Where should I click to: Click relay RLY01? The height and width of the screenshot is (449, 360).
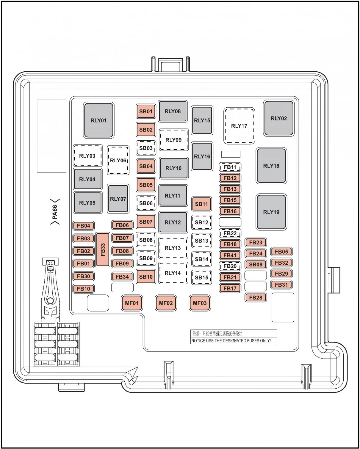98,120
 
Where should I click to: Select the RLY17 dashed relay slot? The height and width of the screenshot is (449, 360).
239,126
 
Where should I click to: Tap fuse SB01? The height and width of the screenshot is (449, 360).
146,111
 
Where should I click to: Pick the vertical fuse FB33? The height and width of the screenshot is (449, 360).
103,249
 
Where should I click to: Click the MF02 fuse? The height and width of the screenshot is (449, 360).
166,303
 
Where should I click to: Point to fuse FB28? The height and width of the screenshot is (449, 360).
256,298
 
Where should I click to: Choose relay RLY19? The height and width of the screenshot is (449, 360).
271,212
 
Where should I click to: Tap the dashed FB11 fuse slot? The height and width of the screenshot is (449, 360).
230,167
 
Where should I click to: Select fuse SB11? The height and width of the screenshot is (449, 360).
201,204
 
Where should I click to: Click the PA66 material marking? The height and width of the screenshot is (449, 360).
55,212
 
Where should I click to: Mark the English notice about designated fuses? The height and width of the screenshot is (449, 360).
231,341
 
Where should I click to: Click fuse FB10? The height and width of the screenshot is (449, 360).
83,289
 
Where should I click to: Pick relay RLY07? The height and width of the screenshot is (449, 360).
118,199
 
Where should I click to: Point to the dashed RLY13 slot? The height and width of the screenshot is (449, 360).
173,248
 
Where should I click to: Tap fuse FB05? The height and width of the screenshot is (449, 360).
281,252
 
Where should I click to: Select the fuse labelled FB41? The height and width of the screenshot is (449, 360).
230,255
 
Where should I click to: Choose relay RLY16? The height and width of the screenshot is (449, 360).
202,156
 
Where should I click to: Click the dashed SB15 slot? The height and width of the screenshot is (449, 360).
201,277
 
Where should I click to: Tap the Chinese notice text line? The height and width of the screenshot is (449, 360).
217,333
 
